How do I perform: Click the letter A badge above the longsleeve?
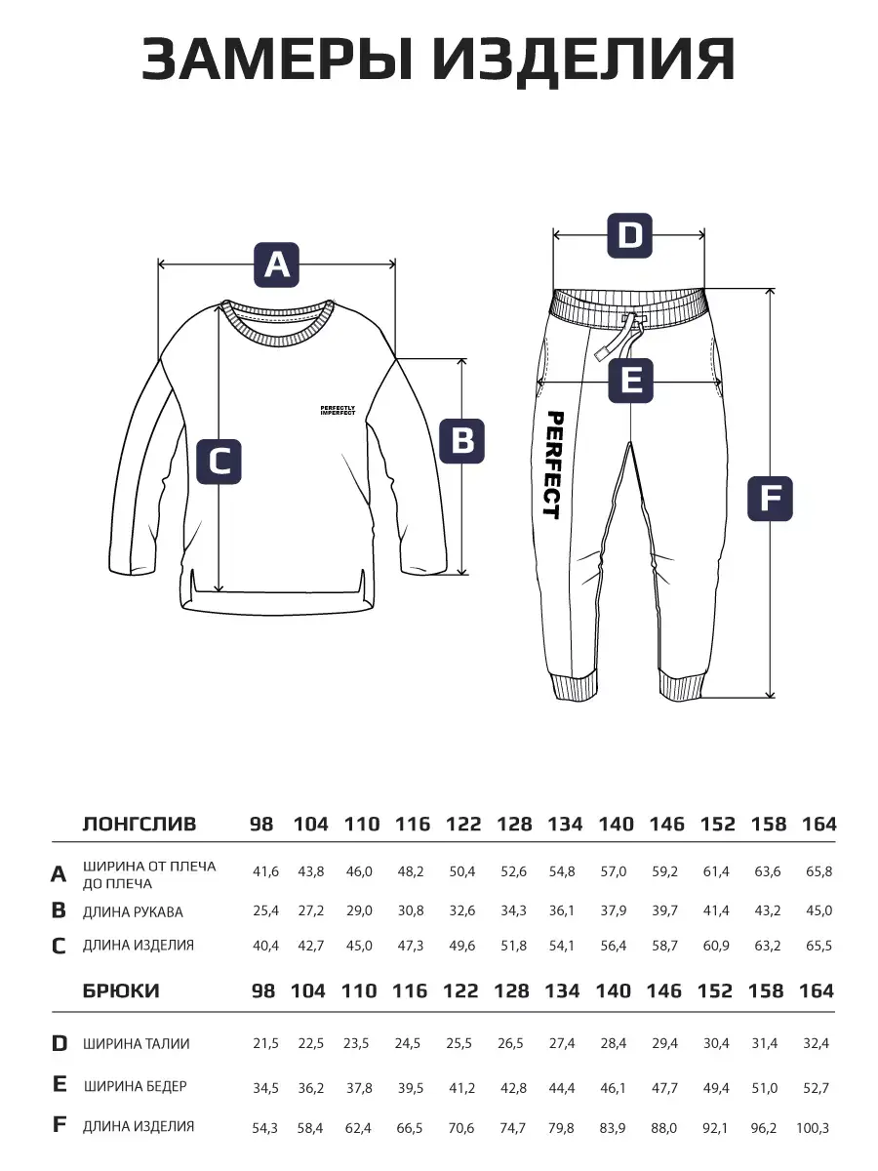pyautogui.click(x=277, y=264)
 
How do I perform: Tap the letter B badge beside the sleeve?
pyautogui.click(x=462, y=440)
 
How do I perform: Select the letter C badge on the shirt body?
pyautogui.click(x=219, y=462)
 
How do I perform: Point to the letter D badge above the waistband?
pyautogui.click(x=630, y=235)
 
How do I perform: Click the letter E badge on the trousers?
pyautogui.click(x=631, y=380)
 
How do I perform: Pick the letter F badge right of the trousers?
pyautogui.click(x=770, y=500)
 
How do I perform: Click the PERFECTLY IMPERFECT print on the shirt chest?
pyautogui.click(x=338, y=411)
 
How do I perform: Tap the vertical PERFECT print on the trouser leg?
pyautogui.click(x=552, y=464)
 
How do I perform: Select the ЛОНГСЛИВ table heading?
pyautogui.click(x=140, y=824)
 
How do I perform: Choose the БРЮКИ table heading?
pyautogui.click(x=121, y=990)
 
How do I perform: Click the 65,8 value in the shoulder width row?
pyautogui.click(x=818, y=870)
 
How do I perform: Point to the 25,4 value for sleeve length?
pyautogui.click(x=264, y=910)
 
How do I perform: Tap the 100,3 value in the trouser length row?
pyautogui.click(x=813, y=1127)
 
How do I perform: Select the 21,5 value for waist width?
pyautogui.click(x=265, y=1043)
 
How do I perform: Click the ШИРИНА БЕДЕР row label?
pyautogui.click(x=135, y=1085)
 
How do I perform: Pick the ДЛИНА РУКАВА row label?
pyautogui.click(x=133, y=911)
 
